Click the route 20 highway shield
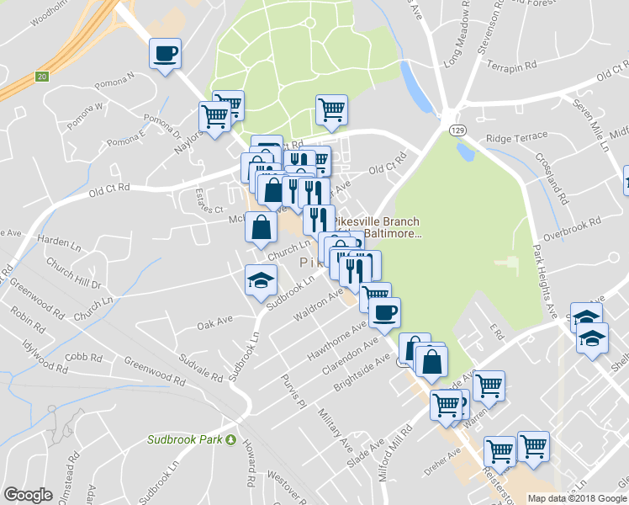pos(41,77)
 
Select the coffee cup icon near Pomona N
pos(164,55)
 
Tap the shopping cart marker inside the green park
pos(331,109)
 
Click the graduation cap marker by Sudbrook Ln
pos(261,280)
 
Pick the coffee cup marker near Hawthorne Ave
pos(384,313)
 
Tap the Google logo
pos(29,495)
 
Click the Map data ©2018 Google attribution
pos(577,498)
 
